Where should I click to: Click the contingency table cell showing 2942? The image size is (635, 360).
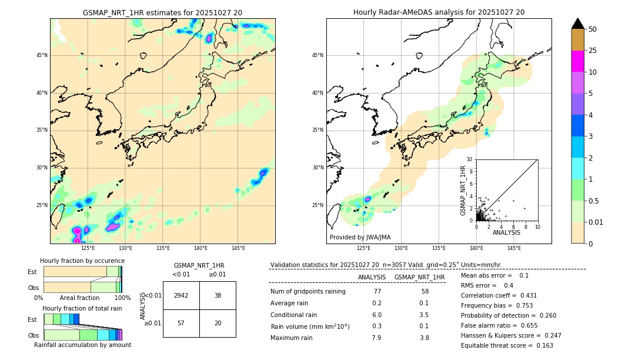click(181, 295)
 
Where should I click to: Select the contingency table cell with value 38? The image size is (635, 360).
click(218, 295)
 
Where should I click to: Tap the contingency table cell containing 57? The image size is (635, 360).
click(181, 324)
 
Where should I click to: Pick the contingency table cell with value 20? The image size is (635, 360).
click(218, 324)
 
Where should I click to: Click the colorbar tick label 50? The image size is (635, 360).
click(593, 29)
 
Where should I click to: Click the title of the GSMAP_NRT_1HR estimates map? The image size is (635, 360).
click(162, 12)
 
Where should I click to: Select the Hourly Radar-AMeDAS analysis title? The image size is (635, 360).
click(439, 12)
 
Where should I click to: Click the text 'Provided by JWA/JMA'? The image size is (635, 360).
click(360, 237)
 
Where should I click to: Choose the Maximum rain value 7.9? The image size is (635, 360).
click(376, 338)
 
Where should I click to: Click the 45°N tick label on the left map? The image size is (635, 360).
click(42, 55)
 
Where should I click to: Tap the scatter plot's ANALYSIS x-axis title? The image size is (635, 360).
click(506, 233)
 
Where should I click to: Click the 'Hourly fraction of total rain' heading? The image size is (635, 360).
click(82, 308)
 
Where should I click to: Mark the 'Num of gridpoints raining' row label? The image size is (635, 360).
click(308, 292)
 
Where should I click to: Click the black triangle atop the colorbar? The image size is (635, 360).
click(578, 24)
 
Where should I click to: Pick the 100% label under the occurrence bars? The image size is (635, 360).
click(122, 298)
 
